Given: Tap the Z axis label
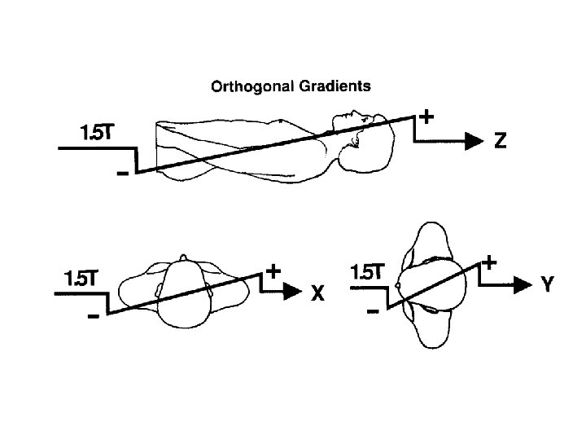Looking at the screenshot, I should pyautogui.click(x=501, y=141).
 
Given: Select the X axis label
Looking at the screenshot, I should pyautogui.click(x=317, y=295).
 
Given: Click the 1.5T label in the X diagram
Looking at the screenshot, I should pyautogui.click(x=80, y=278).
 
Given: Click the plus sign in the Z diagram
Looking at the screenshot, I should pyautogui.click(x=426, y=117).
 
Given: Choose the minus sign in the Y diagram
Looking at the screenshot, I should pyautogui.click(x=373, y=311).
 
